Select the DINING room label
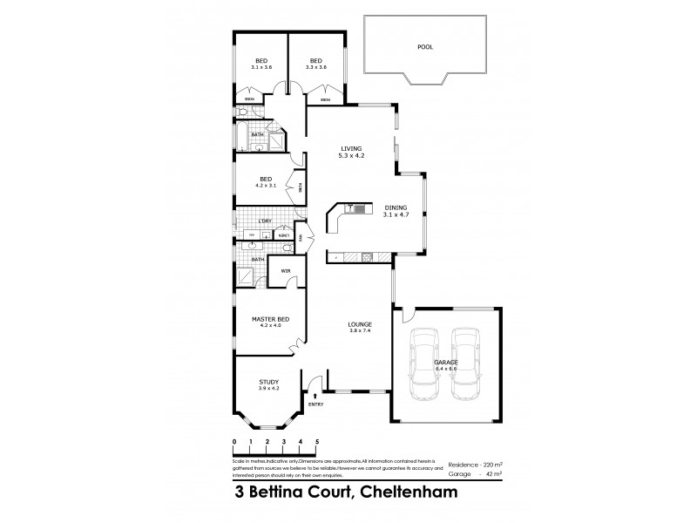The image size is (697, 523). click(x=396, y=207)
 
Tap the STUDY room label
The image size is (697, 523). click(x=268, y=381)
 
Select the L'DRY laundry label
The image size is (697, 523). click(x=265, y=221)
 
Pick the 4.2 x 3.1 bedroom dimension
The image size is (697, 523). click(x=265, y=186)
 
